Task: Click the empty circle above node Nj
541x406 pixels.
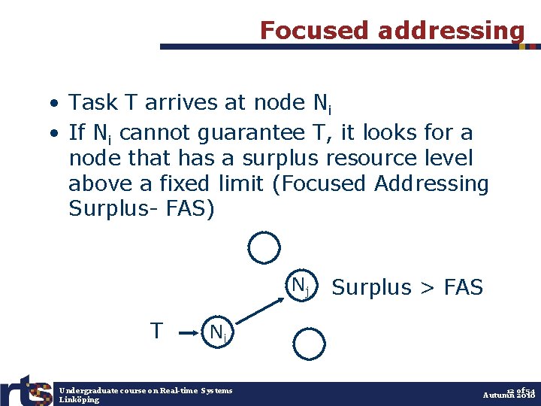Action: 264,248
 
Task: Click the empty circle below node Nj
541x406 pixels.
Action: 307,342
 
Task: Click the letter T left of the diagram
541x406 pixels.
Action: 156,331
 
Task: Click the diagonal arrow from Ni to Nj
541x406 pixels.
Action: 260,307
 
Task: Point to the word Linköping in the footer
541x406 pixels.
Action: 80,400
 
